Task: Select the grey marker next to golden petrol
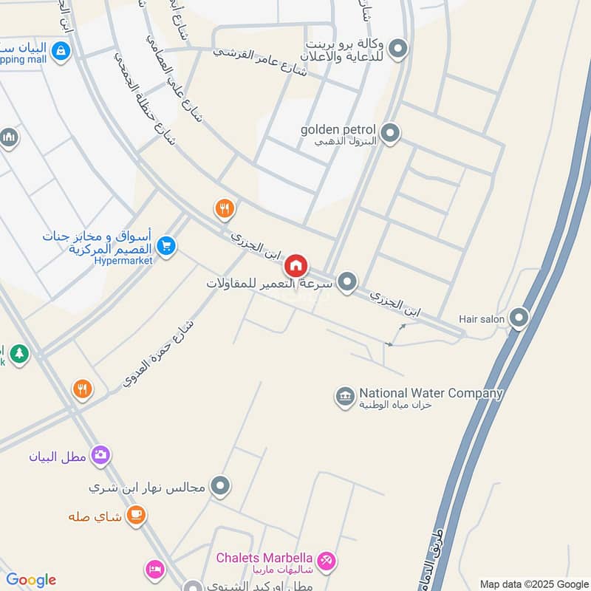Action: pyautogui.click(x=390, y=134)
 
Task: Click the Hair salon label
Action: pyautogui.click(x=481, y=318)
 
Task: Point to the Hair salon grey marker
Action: pyautogui.click(x=519, y=318)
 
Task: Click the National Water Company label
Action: pyautogui.click(x=431, y=394)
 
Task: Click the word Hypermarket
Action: pyautogui.click(x=123, y=261)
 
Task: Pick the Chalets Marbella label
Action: pyautogui.click(x=264, y=558)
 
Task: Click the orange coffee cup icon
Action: pyautogui.click(x=135, y=516)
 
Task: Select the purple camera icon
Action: pyautogui.click(x=100, y=455)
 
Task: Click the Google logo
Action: pyautogui.click(x=31, y=580)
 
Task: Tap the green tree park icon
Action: pyautogui.click(x=19, y=354)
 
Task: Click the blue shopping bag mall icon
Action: pyautogui.click(x=61, y=51)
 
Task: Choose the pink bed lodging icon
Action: pyautogui.click(x=155, y=570)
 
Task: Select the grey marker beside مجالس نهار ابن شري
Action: pyautogui.click(x=220, y=487)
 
